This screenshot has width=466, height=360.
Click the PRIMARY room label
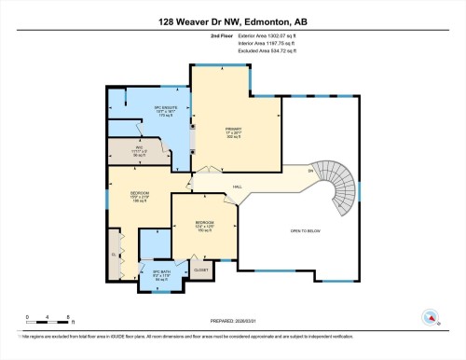(233, 132)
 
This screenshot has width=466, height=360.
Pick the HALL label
(238, 187)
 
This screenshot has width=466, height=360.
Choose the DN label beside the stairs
(310, 170)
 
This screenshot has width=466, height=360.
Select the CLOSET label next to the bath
(201, 269)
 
